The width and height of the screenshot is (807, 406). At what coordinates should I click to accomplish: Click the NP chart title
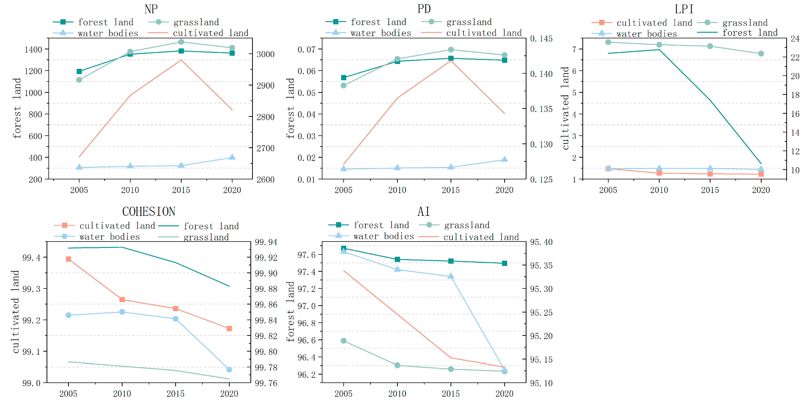pyautogui.click(x=151, y=9)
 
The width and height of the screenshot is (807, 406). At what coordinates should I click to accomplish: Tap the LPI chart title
pyautogui.click(x=684, y=9)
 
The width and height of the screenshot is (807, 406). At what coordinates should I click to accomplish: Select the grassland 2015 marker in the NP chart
pyautogui.click(x=181, y=42)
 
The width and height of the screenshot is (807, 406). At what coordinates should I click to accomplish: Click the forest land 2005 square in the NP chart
pyautogui.click(x=79, y=71)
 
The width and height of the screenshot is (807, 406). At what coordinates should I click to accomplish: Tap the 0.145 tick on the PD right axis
pyautogui.click(x=541, y=39)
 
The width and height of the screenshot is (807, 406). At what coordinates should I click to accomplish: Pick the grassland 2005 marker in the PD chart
pyautogui.click(x=344, y=85)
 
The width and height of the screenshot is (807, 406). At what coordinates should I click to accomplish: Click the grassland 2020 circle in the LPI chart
pyautogui.click(x=761, y=53)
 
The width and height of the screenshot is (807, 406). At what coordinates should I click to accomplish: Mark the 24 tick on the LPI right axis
pyautogui.click(x=795, y=39)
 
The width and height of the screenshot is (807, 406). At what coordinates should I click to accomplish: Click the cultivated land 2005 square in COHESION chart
pyautogui.click(x=68, y=259)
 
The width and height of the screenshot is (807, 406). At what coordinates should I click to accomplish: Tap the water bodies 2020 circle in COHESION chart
pyautogui.click(x=229, y=370)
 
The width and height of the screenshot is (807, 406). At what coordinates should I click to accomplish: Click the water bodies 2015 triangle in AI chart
pyautogui.click(x=451, y=276)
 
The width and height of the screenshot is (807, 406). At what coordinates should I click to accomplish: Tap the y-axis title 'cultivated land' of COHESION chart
pyautogui.click(x=16, y=312)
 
